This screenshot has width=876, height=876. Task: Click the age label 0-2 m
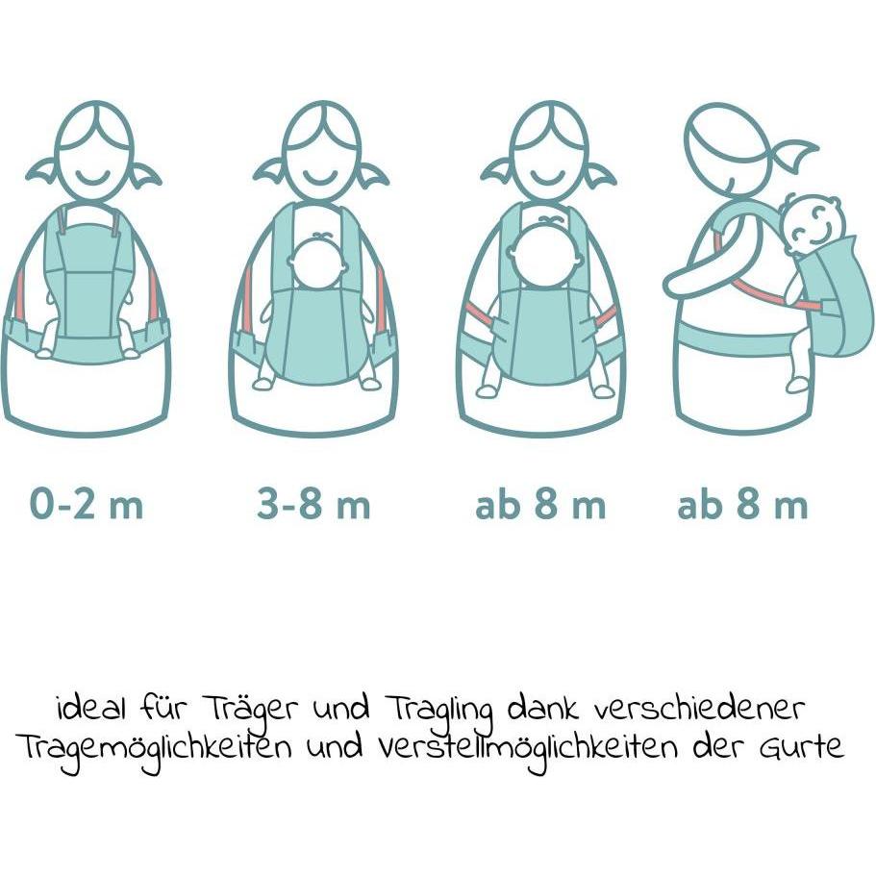click(x=87, y=505)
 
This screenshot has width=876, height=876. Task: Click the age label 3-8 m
click(x=313, y=505)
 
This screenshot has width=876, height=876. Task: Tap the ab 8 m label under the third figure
click(x=540, y=505)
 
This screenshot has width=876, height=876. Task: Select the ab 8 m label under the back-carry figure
click(x=742, y=505)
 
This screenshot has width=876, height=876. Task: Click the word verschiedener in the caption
click(x=700, y=711)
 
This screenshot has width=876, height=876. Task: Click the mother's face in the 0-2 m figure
click(x=93, y=154)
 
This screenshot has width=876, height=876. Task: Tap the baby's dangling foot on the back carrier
click(x=797, y=384)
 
